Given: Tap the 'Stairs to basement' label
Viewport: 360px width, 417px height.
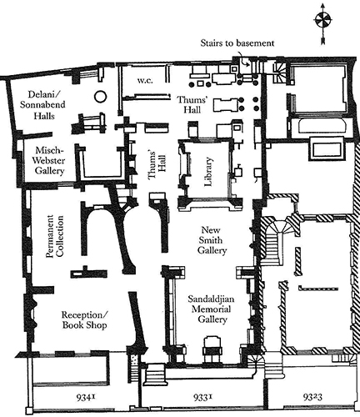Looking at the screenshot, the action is click(237, 43).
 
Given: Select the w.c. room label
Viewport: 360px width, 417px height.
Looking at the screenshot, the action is click(145, 81).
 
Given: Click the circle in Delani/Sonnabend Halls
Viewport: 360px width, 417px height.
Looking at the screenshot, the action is click(100, 96).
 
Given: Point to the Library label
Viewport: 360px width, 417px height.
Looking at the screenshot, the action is click(208, 172).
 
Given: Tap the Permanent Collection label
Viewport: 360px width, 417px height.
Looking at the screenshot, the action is click(55, 236).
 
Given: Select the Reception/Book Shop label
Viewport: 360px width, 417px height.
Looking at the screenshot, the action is click(84, 320).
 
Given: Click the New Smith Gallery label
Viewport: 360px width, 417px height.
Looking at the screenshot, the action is click(212, 240).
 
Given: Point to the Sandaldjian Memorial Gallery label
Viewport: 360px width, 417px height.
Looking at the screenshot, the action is click(212, 309).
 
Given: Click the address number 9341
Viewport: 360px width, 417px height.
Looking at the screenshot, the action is click(86, 398).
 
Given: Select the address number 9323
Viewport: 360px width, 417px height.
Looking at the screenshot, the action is click(312, 397).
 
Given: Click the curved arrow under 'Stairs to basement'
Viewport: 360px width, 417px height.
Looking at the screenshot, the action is click(243, 62).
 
